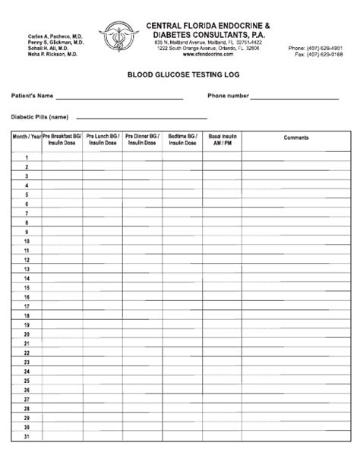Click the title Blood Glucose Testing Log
[x=179, y=76]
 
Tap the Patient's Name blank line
[x=119, y=98]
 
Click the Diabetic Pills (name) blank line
[x=206, y=118]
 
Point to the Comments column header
[x=296, y=138]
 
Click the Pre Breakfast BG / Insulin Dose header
[x=62, y=140]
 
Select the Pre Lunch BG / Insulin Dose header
[x=103, y=140]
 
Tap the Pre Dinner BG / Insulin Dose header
[x=142, y=140]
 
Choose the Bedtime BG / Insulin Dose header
[x=182, y=140]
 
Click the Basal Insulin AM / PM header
[x=222, y=140]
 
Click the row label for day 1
[x=27, y=157]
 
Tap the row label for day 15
[x=27, y=287]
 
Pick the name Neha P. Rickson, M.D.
[x=52, y=55]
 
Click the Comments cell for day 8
[x=296, y=223]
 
